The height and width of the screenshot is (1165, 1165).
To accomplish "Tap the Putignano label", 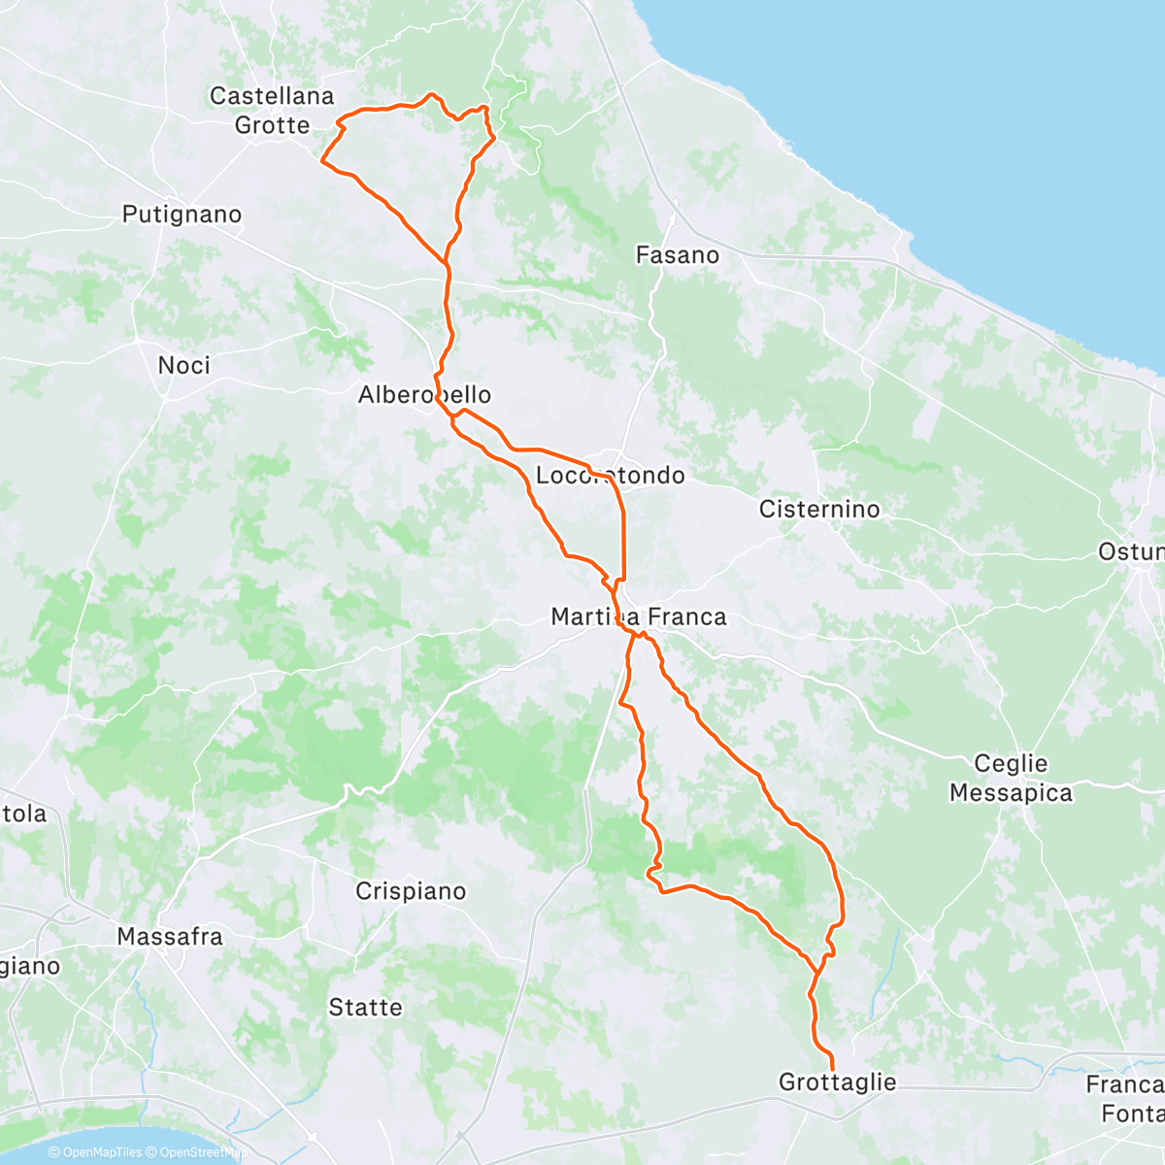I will (x=182, y=215).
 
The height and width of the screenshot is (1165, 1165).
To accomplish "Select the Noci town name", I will (x=183, y=365).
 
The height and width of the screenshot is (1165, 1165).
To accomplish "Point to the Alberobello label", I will (x=424, y=395).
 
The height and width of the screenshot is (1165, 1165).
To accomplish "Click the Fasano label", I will (x=677, y=255).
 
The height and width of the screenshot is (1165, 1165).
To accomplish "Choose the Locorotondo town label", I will (x=610, y=476).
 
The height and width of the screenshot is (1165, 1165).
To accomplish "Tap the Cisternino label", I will (x=819, y=510).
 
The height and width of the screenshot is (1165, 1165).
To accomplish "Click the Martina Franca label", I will (x=638, y=616).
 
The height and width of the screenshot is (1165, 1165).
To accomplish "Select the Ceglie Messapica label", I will (x=1011, y=779).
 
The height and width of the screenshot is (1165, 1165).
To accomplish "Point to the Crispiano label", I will (x=411, y=891).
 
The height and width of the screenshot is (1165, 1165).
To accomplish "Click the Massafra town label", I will (x=170, y=937).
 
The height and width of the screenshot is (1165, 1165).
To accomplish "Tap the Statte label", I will (x=365, y=1008).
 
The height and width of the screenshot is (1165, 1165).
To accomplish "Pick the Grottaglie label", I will (x=837, y=1082).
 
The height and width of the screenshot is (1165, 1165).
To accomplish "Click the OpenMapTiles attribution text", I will (x=95, y=1153).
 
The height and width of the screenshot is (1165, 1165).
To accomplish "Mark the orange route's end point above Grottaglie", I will (x=832, y=1069).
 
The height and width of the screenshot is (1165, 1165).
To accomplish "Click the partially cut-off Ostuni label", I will (x=1131, y=552).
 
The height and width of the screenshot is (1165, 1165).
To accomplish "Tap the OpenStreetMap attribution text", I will (x=194, y=1153).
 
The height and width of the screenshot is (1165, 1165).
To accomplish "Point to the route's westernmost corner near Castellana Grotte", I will (x=322, y=161).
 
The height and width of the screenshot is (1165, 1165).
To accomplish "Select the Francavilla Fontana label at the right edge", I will (x=1126, y=1098).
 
